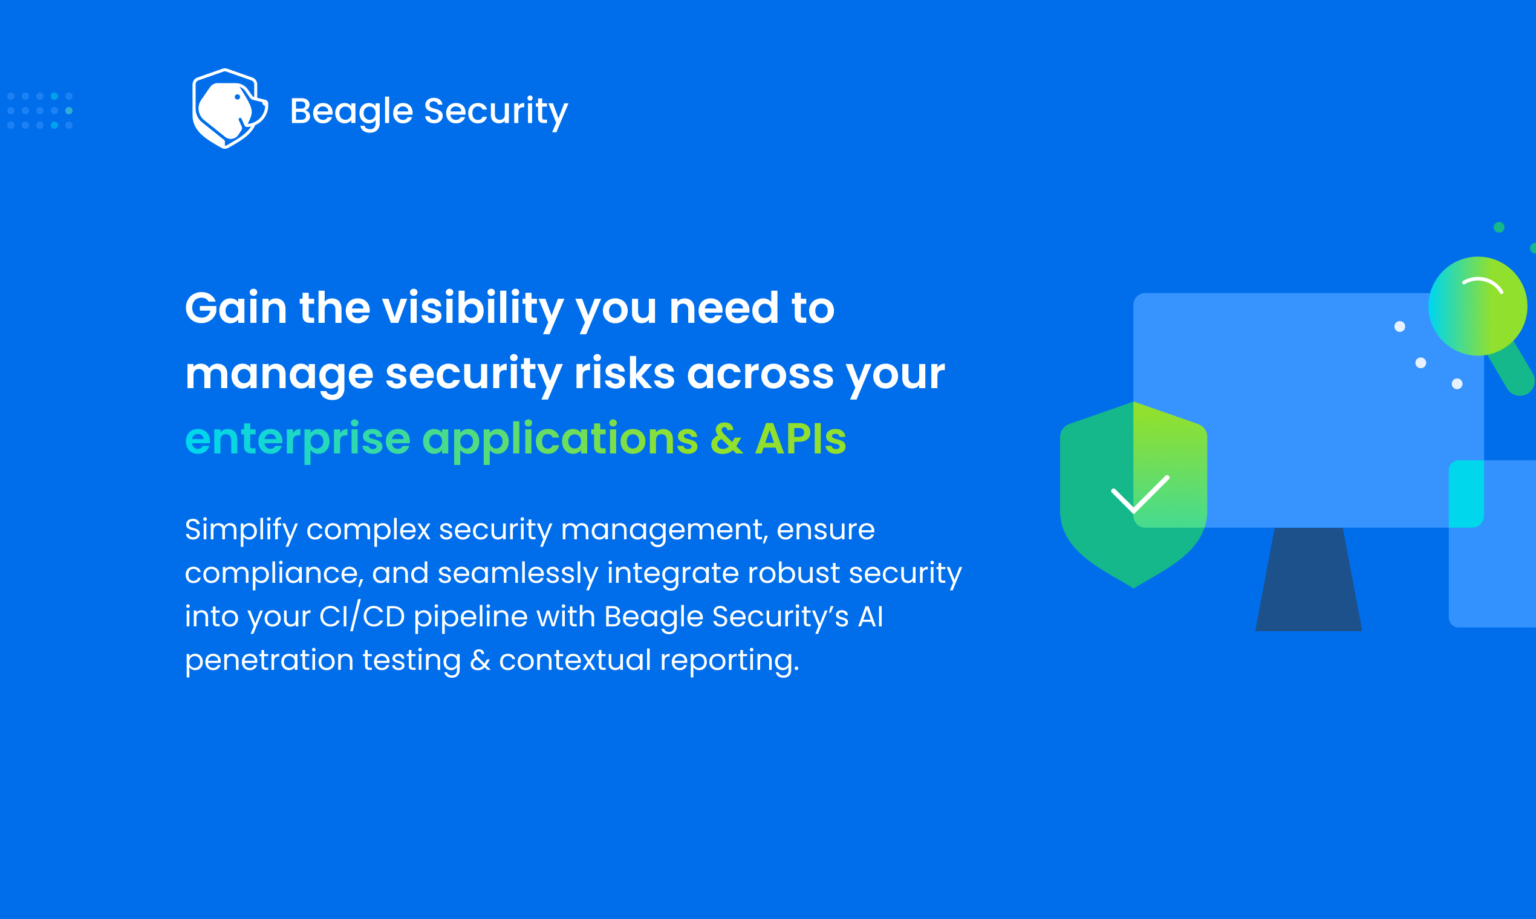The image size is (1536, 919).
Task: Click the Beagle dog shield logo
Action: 230,108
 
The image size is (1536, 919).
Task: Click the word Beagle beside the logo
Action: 351,112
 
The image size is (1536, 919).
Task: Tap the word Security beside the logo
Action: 495,112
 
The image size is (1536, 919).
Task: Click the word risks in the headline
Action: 624,374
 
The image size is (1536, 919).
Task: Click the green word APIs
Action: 800,438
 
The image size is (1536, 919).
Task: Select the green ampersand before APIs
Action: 726,438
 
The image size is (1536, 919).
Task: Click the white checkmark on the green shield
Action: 1140,495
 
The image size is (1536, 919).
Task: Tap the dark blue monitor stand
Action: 1309,579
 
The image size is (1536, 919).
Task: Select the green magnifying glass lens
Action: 1478,306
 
